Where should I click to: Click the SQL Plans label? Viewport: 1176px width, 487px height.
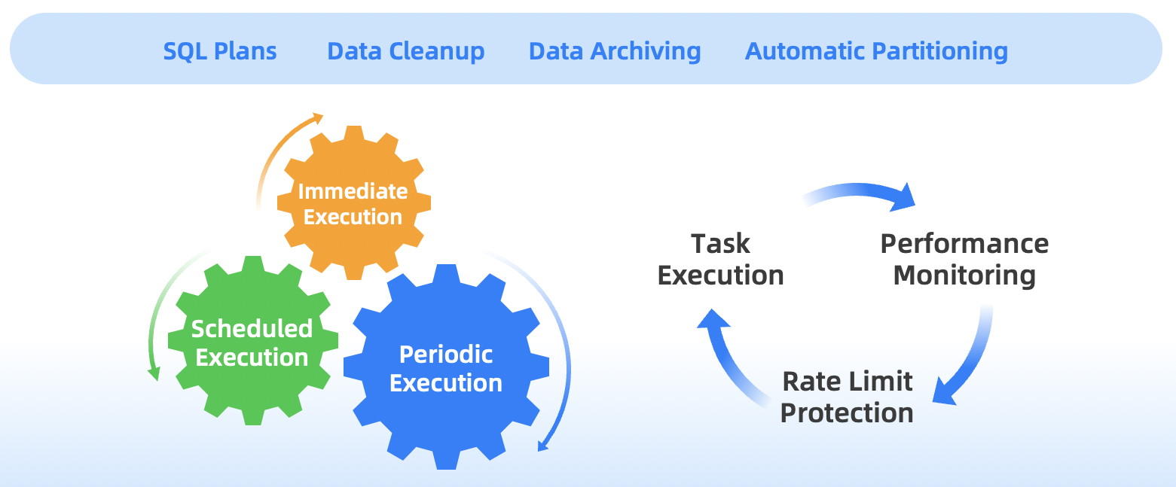pyautogui.click(x=220, y=51)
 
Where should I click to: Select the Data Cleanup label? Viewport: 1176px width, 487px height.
pyautogui.click(x=405, y=51)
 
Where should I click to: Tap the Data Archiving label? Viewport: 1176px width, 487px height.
pyautogui.click(x=615, y=51)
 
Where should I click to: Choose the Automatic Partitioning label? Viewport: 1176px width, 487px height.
pyautogui.click(x=876, y=51)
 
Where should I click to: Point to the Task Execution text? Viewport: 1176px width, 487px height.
pyautogui.click(x=721, y=260)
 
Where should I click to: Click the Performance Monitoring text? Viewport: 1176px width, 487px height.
pyautogui.click(x=964, y=260)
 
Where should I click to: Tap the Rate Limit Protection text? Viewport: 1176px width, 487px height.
pyautogui.click(x=847, y=397)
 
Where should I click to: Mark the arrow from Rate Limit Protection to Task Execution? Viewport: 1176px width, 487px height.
pyautogui.click(x=727, y=354)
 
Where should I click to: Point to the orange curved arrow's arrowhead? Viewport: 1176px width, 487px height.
pyautogui.click(x=318, y=117)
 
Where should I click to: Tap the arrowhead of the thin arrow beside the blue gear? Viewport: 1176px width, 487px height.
pyautogui.click(x=542, y=446)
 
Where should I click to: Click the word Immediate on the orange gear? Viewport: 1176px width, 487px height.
pyautogui.click(x=353, y=191)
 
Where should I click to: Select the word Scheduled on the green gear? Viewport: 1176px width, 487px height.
pyautogui.click(x=252, y=328)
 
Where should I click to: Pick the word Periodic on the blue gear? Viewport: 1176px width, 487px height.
pyautogui.click(x=446, y=354)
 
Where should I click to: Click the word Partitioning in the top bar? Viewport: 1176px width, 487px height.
pyautogui.click(x=937, y=51)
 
